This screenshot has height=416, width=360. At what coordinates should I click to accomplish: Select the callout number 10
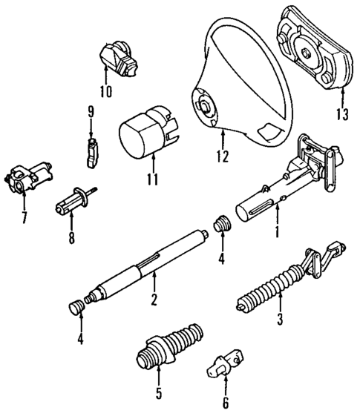tap(105, 92)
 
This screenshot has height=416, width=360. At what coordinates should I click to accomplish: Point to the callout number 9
tap(91, 112)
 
